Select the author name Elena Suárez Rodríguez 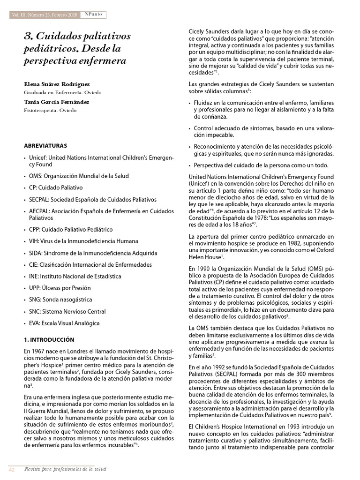[x=57, y=84]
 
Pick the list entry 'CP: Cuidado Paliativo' [x=56, y=187]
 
